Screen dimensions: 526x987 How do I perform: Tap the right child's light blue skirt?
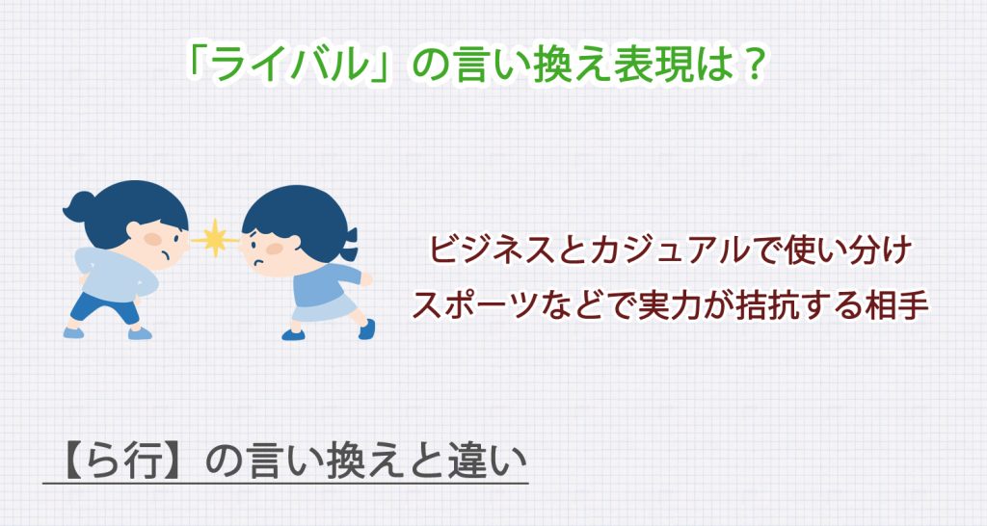click(x=323, y=311)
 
